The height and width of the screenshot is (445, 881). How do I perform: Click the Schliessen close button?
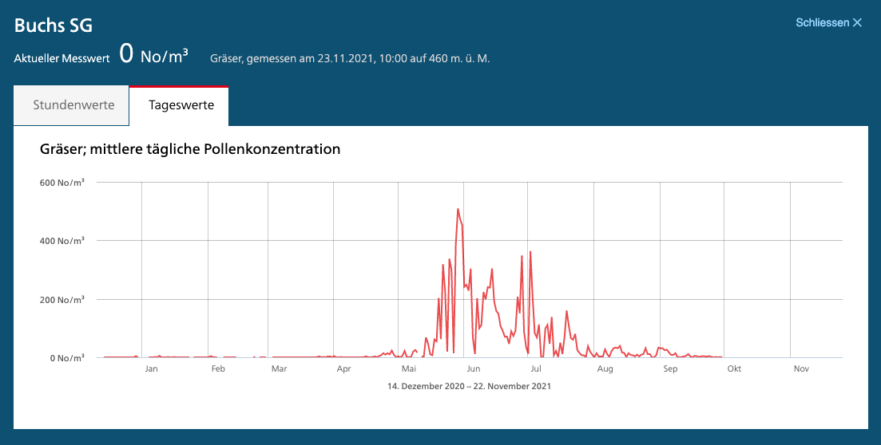click(x=828, y=22)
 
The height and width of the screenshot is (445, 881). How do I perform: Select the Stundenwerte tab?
click(x=73, y=105)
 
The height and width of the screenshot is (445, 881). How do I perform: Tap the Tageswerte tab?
click(x=181, y=105)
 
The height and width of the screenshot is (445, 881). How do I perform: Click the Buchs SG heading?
click(x=54, y=26)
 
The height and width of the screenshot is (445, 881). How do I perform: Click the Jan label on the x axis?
click(x=151, y=368)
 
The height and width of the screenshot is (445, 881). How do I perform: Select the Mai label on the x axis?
click(x=409, y=368)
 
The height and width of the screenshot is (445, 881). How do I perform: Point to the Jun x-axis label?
click(x=474, y=368)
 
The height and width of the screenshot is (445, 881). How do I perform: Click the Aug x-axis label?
click(x=605, y=368)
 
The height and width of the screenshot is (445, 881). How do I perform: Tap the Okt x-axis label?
click(x=734, y=368)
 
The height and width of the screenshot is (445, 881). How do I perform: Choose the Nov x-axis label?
click(x=802, y=368)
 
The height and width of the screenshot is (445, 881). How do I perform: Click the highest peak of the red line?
click(x=458, y=209)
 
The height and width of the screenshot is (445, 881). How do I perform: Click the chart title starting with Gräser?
click(x=190, y=149)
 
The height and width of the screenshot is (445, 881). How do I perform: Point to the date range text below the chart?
click(x=469, y=386)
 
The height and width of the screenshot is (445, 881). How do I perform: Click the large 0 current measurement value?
click(x=126, y=54)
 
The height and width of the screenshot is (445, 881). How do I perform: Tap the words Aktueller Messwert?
click(x=62, y=58)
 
